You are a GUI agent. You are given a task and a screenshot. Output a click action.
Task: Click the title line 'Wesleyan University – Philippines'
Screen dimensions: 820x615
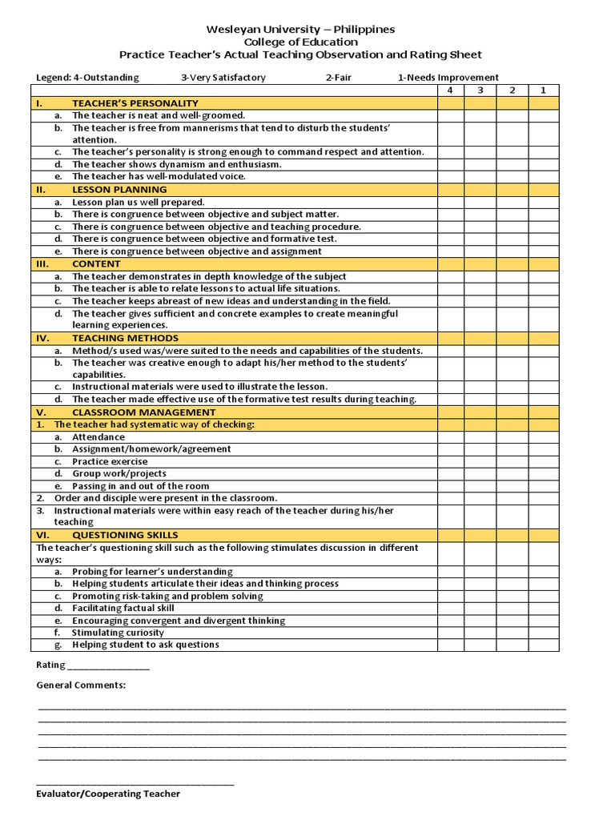[x=300, y=30]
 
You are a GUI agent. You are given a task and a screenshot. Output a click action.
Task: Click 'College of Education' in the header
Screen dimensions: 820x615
[x=300, y=42]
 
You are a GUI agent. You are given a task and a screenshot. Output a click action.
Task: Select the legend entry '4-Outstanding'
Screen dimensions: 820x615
[x=87, y=78]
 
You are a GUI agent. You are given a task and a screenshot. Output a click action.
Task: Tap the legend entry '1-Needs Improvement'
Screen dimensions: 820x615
[x=448, y=78]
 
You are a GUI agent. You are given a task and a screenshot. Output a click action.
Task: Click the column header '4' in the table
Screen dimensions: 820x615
[x=450, y=90]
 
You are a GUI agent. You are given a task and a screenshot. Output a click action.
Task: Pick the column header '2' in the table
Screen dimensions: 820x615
[x=512, y=90]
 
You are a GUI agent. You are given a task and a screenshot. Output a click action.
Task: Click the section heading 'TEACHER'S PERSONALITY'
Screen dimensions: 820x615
[x=135, y=103]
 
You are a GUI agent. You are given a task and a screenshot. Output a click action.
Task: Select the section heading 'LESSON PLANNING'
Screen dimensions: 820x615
[x=119, y=190]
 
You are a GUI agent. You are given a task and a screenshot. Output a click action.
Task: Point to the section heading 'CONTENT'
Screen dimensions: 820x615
[x=96, y=263]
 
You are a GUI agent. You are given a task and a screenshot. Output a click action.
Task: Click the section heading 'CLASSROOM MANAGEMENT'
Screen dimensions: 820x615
[x=143, y=412]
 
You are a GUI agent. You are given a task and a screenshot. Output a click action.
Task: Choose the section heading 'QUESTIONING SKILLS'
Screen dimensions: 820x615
[x=125, y=535]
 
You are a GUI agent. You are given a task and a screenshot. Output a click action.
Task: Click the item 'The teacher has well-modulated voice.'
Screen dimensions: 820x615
[x=159, y=176]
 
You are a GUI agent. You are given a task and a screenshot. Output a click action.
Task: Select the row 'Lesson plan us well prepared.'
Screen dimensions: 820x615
[x=138, y=203]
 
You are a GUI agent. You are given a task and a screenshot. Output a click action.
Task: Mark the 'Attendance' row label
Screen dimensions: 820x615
[x=98, y=437]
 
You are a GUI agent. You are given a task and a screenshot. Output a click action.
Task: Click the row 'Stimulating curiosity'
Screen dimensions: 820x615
[x=118, y=633]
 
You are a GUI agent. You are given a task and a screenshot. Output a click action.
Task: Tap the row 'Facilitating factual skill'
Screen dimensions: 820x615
[x=123, y=608]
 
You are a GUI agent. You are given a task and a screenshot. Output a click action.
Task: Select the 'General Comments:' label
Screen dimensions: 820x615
[x=81, y=685]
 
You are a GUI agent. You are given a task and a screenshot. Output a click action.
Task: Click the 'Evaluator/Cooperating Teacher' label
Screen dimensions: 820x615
[x=108, y=794]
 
